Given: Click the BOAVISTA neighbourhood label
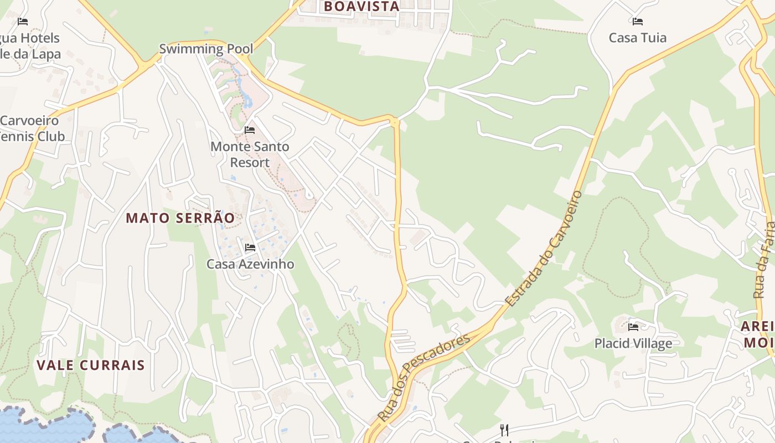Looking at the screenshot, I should (x=361, y=7).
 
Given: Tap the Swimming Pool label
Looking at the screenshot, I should (x=206, y=49).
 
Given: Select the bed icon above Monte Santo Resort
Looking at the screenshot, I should (x=250, y=130).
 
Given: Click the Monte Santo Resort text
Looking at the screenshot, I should (x=250, y=154).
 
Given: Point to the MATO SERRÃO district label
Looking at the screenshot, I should (x=180, y=218).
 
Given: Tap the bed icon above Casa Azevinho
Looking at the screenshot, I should (x=250, y=247).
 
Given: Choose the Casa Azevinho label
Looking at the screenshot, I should (x=250, y=264).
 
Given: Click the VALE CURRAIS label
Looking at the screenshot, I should (x=91, y=365).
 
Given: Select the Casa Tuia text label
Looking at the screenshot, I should (x=637, y=38).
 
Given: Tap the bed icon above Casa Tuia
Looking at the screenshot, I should (x=637, y=22).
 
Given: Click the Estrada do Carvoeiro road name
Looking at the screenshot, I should (x=544, y=249).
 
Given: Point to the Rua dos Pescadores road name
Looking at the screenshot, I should (x=423, y=378).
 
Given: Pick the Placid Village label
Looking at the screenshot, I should (x=633, y=343).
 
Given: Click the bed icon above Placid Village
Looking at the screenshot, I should (x=633, y=327).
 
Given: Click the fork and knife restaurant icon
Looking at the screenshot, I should (x=504, y=430).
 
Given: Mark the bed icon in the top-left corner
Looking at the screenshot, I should (x=23, y=22).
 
